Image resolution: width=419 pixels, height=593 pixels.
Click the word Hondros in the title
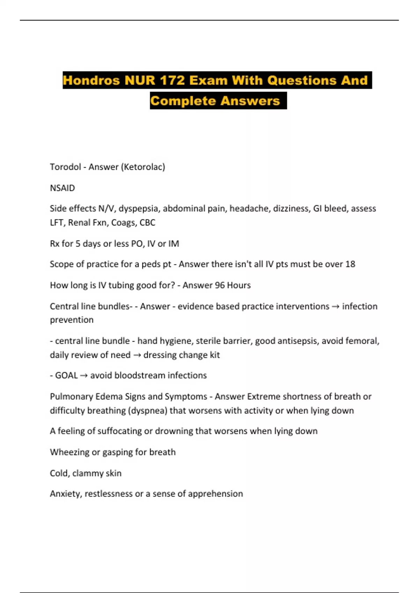click(x=91, y=81)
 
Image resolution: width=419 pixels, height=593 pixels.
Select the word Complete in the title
click(x=183, y=101)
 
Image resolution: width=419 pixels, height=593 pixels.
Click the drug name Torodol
click(x=65, y=167)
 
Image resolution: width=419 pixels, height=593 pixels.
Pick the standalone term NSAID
click(x=63, y=188)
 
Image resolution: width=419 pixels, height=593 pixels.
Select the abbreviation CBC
click(x=147, y=223)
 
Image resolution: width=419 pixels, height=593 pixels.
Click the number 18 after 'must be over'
click(x=350, y=264)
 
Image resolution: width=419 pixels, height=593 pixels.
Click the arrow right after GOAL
click(x=84, y=376)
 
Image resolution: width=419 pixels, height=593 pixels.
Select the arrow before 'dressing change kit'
click(x=137, y=355)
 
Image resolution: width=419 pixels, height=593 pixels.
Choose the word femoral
click(x=362, y=341)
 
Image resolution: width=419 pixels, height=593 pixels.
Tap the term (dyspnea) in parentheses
click(x=147, y=411)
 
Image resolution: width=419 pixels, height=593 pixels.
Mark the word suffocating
click(x=119, y=431)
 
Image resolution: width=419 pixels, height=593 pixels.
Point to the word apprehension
click(x=215, y=494)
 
